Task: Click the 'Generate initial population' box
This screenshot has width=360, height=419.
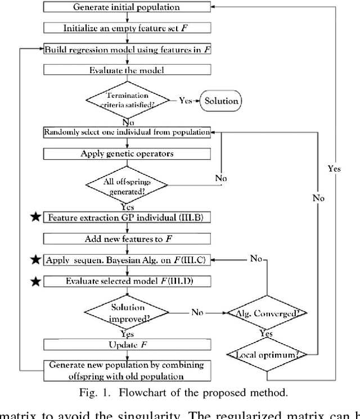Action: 127,7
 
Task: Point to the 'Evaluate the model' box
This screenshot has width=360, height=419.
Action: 127,71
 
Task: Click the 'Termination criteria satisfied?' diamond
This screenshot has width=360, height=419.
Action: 127,101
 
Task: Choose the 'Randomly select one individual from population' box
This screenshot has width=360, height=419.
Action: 127,132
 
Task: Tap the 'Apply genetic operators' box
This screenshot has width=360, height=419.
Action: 127,153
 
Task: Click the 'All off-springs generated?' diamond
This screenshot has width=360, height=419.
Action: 127,184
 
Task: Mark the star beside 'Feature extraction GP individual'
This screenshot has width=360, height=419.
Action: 35,217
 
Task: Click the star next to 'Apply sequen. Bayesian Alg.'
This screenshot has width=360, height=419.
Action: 35,259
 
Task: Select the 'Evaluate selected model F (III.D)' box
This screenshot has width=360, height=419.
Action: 127,281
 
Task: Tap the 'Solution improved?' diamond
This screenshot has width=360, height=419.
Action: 127,312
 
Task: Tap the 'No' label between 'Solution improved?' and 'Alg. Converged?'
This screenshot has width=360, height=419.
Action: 196,312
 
